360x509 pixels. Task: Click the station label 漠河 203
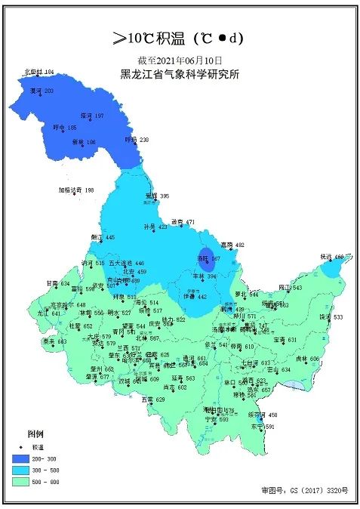tap(41, 91)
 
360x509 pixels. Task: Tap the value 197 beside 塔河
tap(99, 116)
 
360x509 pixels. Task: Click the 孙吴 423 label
tap(155, 227)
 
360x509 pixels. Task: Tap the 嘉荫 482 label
tap(233, 245)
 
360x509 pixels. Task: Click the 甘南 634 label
tap(58, 283)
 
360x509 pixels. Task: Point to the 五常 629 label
tap(153, 399)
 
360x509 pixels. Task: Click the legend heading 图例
tap(35, 435)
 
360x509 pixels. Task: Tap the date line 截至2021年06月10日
tap(180, 60)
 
